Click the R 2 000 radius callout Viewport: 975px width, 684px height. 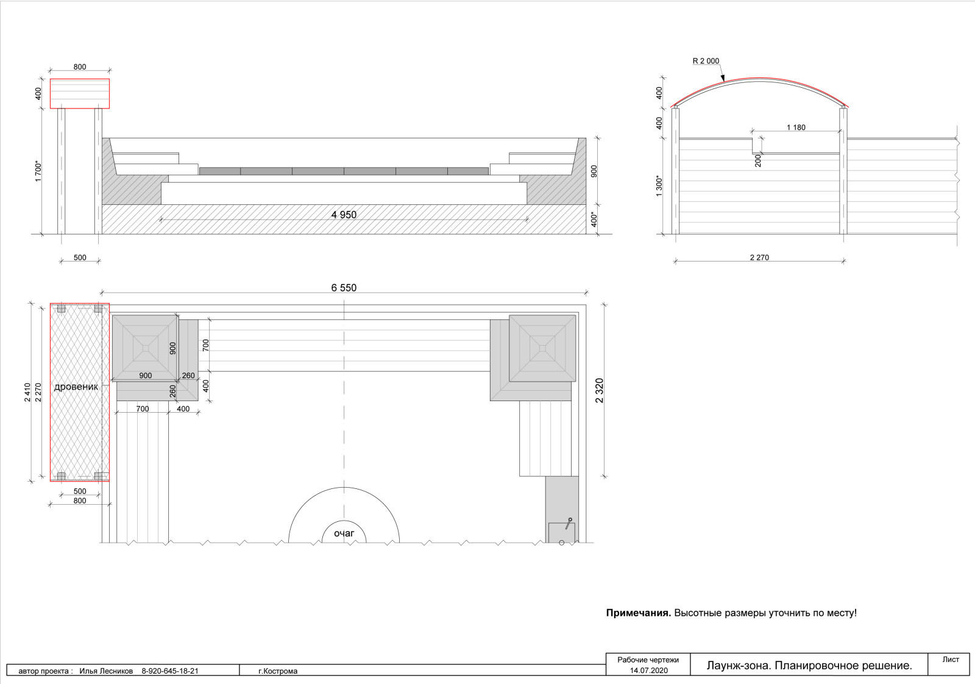(706, 61)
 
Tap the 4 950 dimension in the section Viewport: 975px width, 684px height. (344, 215)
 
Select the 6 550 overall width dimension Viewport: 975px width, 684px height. (344, 288)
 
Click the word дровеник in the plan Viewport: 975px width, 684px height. (76, 387)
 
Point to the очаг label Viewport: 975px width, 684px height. (344, 533)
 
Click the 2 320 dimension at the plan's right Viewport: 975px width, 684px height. (600, 391)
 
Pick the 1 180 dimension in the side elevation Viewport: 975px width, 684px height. (796, 127)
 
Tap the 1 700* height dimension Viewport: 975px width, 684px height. (38, 171)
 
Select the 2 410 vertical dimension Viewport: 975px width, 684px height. (27, 392)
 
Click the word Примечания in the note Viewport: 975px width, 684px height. (639, 613)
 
